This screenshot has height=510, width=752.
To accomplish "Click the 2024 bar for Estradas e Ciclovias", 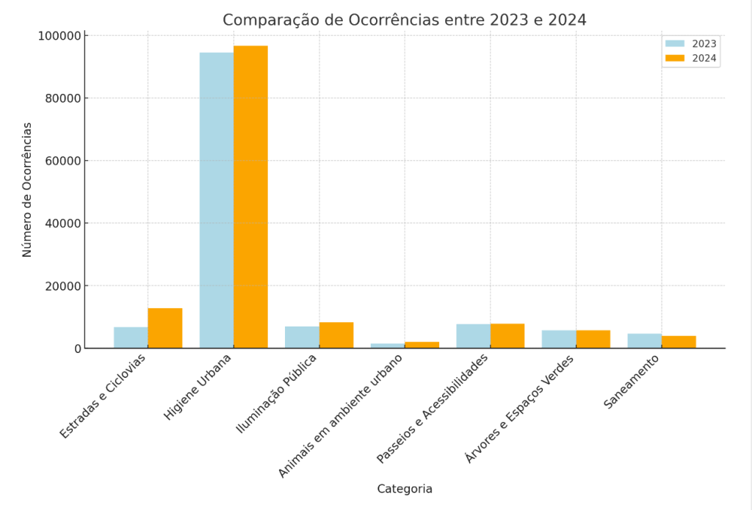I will pos(164,328).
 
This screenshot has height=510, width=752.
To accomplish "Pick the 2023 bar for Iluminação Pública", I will pos(302,338).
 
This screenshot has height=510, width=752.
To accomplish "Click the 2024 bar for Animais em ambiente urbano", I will pos(422,345).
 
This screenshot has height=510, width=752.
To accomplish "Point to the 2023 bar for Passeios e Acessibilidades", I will pos(473,336).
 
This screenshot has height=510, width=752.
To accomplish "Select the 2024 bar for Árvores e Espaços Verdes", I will pos(593,339).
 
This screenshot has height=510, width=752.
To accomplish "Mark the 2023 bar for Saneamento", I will pos(644,341).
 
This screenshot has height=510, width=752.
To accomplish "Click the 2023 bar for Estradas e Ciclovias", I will pos(131,338).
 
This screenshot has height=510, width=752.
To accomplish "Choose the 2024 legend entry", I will pos(691,58).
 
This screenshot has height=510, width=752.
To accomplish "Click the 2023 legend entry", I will pos(691,43).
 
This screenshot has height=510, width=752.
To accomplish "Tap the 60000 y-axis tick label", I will pos(61,161).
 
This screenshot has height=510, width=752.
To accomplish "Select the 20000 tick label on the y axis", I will pos(61,285).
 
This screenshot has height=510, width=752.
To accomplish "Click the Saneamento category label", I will pos(632,382).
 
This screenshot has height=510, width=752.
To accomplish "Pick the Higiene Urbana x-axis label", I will pos(198,387).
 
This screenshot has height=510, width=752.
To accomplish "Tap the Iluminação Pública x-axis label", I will pos(277,393).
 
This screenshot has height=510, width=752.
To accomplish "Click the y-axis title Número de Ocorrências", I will pos(27,189).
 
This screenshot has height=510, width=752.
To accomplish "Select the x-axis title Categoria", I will pos(405,489).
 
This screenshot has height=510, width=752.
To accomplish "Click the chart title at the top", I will pos(405,20).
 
